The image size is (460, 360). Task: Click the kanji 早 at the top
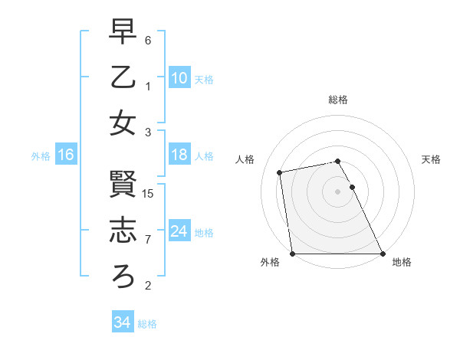(123, 32)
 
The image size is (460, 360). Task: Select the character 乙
(123, 77)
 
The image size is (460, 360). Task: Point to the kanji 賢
(123, 184)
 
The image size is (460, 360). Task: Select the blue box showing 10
(179, 77)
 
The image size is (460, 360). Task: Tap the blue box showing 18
(179, 155)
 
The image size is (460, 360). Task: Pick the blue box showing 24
(179, 231)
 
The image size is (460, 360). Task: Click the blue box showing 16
(66, 155)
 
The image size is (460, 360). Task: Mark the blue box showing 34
(122, 322)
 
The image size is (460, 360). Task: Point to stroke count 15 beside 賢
(149, 194)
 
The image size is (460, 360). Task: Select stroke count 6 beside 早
(149, 41)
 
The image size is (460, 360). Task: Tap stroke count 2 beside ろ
(149, 286)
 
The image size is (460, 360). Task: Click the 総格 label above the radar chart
(338, 100)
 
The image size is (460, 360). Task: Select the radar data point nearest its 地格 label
(382, 254)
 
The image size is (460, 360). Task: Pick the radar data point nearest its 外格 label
(293, 254)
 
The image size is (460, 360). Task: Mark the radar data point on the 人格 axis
(281, 173)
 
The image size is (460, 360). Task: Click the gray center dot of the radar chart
(337, 191)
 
